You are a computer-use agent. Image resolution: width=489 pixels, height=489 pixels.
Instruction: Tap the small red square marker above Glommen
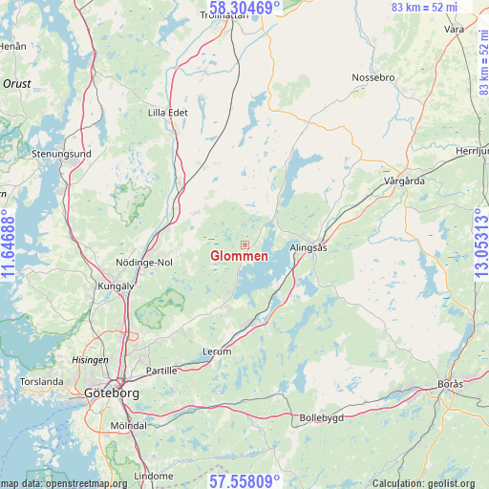click(244, 244)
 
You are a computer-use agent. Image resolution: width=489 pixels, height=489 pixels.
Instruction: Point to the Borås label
click(450, 383)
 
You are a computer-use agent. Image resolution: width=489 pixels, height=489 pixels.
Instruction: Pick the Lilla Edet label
click(168, 112)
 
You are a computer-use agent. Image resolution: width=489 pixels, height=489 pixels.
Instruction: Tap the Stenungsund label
click(61, 153)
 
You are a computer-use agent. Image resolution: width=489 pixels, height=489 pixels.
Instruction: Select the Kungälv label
click(116, 286)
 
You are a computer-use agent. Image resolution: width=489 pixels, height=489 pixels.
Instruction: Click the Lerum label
click(217, 351)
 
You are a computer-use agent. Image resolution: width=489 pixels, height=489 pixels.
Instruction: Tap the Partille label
click(161, 371)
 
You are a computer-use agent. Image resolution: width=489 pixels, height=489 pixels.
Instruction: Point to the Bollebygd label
click(320, 417)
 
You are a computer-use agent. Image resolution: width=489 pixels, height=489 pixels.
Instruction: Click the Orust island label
click(17, 84)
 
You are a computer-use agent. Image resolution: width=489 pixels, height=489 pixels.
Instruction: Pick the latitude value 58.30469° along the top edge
click(244, 9)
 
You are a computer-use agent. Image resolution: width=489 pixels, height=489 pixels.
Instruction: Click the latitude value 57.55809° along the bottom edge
click(244, 480)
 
